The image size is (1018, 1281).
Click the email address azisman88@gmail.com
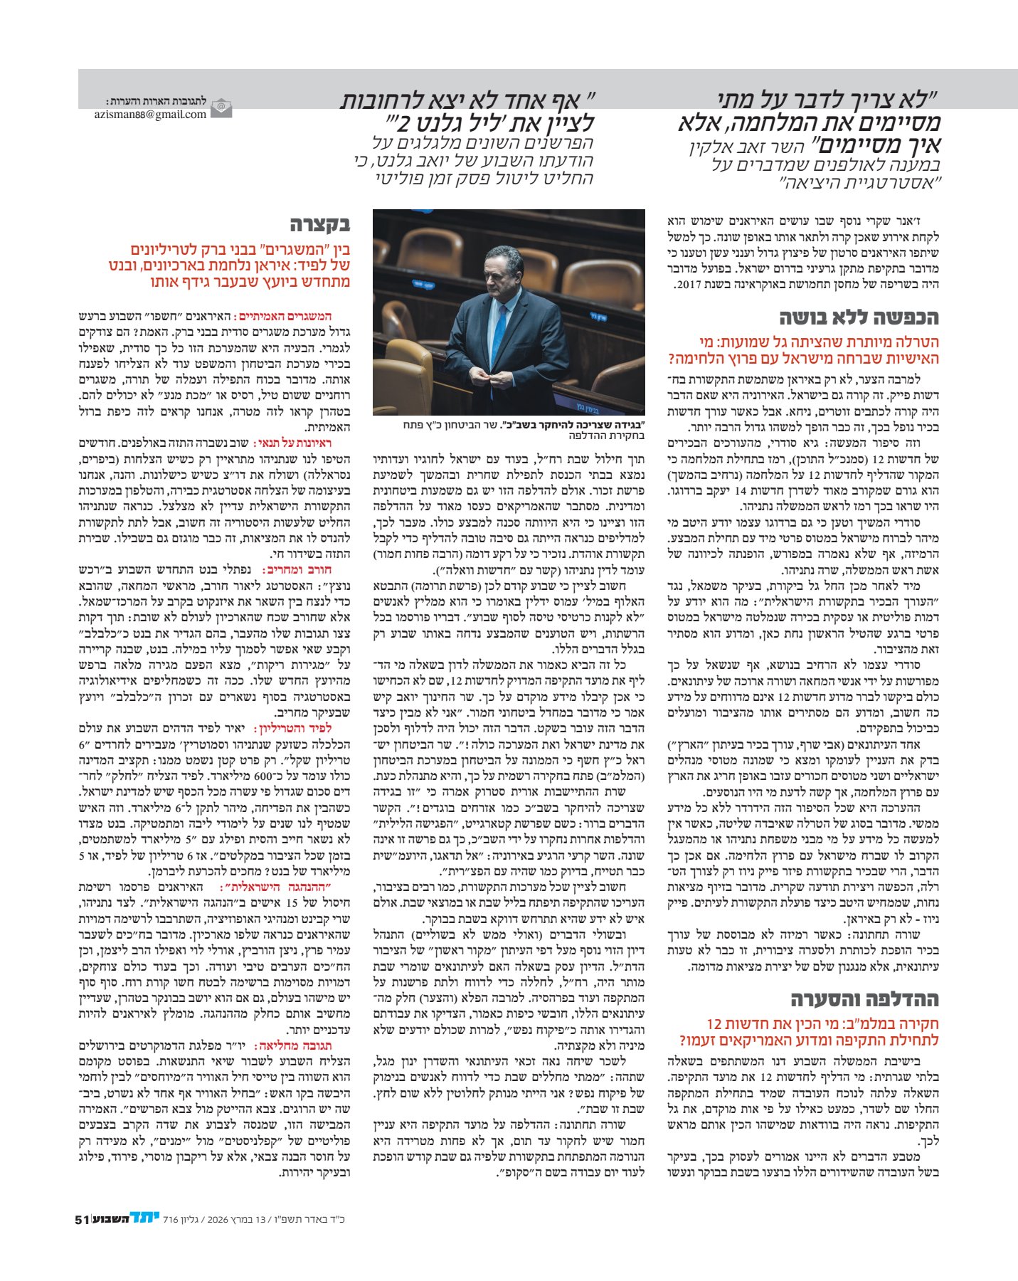click(150, 114)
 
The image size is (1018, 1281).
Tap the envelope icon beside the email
click(222, 108)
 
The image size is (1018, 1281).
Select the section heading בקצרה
click(319, 225)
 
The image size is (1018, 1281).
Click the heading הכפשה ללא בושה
click(859, 317)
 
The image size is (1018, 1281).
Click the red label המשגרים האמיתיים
click(298, 317)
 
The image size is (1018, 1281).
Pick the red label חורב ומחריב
click(307, 569)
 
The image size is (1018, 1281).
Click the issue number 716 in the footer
click(171, 1219)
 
